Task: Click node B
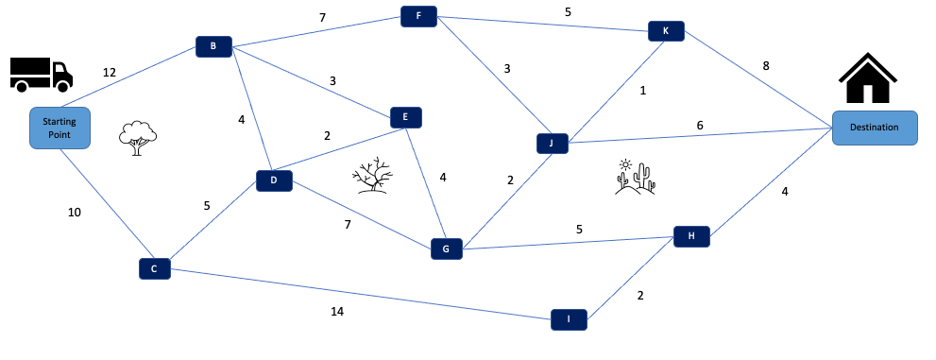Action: [x=213, y=46]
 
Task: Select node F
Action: [x=418, y=16]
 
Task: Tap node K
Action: [x=666, y=31]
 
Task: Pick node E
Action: [x=405, y=117]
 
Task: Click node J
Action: [x=551, y=144]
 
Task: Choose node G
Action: [x=446, y=249]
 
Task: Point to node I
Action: [x=569, y=320]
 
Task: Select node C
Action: [x=154, y=269]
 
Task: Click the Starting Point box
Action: [x=60, y=129]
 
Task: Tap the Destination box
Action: [x=874, y=128]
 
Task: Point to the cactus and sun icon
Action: [x=635, y=177]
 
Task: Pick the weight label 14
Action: [x=336, y=311]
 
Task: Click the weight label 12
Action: [x=110, y=73]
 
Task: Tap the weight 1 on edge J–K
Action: [x=642, y=91]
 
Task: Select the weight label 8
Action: [x=766, y=66]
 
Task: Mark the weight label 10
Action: [x=75, y=213]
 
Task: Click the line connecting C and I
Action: [x=359, y=294]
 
